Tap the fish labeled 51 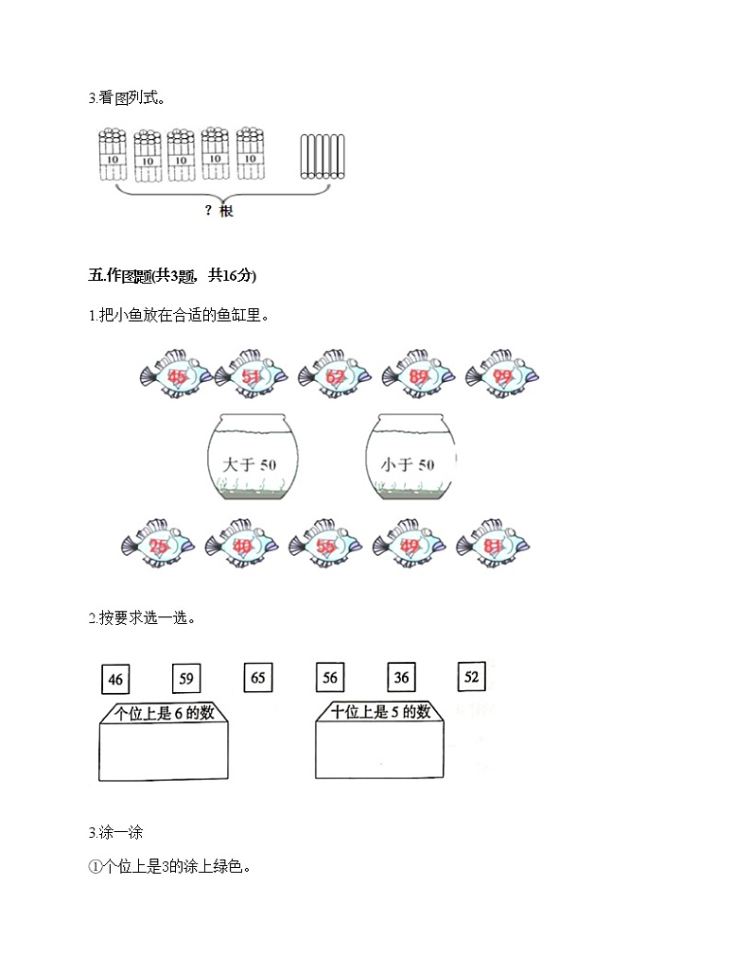pos(253,376)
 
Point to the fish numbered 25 pos(159,546)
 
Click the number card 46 pos(116,679)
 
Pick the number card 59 pos(186,678)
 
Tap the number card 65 pos(258,677)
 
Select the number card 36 pos(401,677)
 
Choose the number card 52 pos(472,677)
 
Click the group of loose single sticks pos(322,155)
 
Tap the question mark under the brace pos(208,211)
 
